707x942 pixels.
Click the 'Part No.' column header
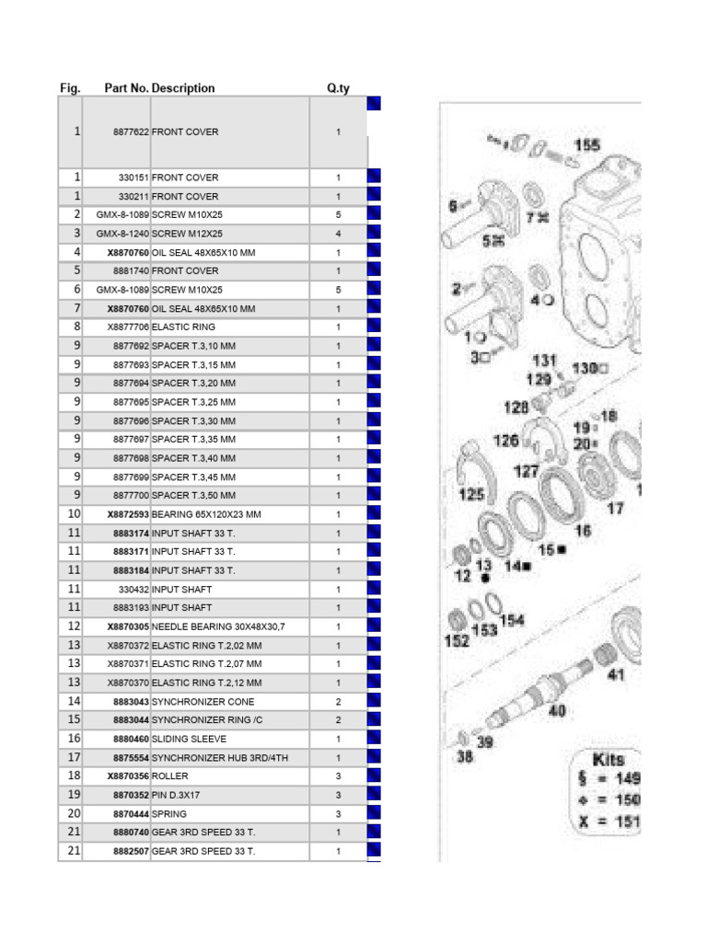point(126,88)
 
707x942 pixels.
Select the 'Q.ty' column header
point(338,88)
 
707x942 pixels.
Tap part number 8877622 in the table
point(131,132)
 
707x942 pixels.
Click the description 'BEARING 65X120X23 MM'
point(206,514)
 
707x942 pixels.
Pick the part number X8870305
point(128,626)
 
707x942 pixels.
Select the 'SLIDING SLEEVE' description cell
point(189,739)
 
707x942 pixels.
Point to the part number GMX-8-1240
point(122,234)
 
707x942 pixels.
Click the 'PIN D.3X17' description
point(177,795)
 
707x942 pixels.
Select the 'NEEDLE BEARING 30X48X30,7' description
point(218,626)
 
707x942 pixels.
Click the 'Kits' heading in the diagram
point(608,760)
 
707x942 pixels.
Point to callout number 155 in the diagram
point(586,145)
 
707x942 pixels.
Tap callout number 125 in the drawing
point(471,495)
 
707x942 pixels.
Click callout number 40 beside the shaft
point(558,710)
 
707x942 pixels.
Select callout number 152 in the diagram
point(457,640)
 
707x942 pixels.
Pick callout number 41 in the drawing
point(616,675)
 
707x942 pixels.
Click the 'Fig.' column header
point(70,88)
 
